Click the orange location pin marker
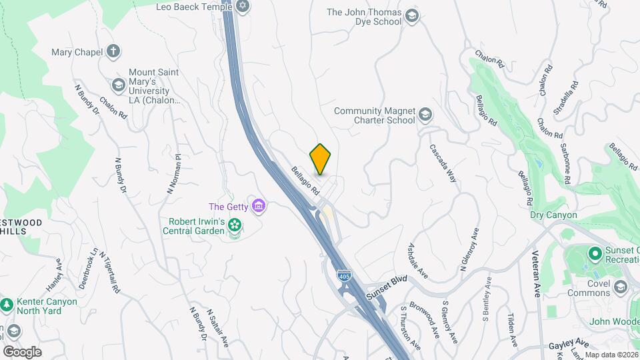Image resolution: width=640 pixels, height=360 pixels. (321, 159)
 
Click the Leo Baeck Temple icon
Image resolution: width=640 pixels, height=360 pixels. (243, 7)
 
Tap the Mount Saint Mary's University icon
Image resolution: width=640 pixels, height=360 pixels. (118, 85)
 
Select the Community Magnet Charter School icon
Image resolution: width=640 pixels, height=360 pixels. (425, 116)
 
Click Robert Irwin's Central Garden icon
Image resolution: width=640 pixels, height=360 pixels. (234, 226)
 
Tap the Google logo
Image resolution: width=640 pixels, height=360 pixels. (22, 351)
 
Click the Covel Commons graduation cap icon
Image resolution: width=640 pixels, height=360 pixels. (621, 287)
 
